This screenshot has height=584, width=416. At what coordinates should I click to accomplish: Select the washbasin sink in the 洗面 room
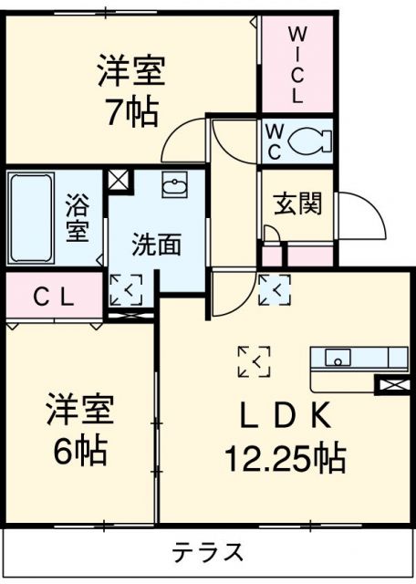[x=173, y=187]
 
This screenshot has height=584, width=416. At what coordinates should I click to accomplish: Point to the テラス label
[x=208, y=552]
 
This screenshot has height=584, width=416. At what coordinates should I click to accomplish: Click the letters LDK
[x=285, y=416]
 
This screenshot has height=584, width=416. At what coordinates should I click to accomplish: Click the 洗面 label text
[x=156, y=245]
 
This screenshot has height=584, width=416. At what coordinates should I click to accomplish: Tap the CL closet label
[x=53, y=296]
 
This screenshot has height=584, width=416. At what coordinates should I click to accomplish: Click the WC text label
[x=274, y=141]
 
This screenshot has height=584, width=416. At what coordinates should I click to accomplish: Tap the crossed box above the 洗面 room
[x=120, y=179]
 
